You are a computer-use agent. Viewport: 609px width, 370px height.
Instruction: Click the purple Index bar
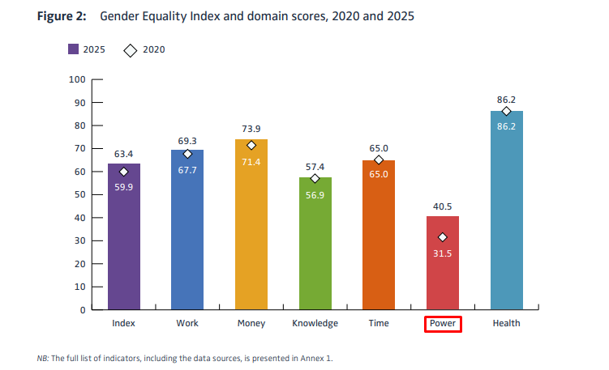124,243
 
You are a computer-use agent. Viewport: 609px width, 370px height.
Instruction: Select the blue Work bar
187,235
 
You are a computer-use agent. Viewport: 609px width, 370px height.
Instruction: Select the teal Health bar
507,211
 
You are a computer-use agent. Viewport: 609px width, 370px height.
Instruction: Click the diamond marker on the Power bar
443,237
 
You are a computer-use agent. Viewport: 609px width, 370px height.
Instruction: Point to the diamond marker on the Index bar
124,172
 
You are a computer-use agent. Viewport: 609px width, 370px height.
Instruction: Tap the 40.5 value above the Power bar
443,206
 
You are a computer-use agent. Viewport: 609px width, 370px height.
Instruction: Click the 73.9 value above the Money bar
251,129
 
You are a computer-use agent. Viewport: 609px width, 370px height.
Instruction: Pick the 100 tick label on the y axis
77,79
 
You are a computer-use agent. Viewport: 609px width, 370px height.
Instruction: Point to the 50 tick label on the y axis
79,195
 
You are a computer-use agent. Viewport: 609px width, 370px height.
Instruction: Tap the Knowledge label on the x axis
315,324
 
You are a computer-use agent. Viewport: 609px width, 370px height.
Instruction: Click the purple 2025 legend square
73,49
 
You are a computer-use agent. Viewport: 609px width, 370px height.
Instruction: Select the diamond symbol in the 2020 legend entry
129,49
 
